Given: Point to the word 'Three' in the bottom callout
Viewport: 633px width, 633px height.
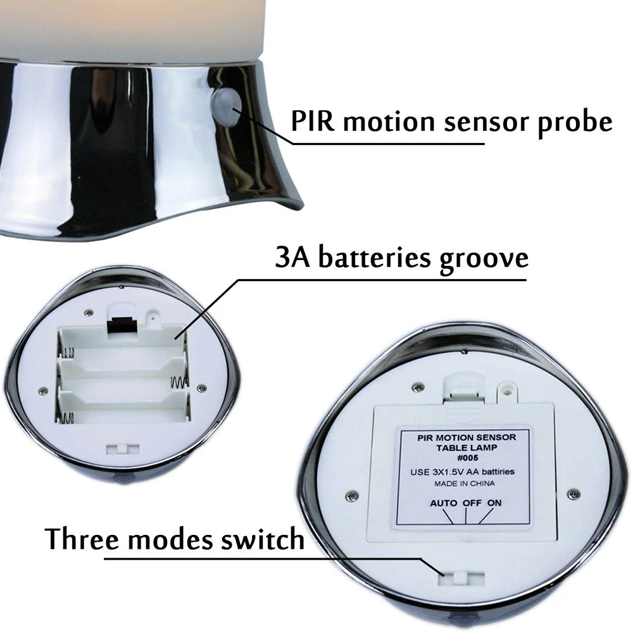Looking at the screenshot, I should pyautogui.click(x=85, y=540).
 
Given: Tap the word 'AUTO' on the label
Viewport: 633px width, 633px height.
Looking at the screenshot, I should pyautogui.click(x=444, y=503).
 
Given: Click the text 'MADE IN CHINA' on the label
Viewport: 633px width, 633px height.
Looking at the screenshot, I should pyautogui.click(x=465, y=484).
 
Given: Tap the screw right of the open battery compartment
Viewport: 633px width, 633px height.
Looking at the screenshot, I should pyautogui.click(x=201, y=387).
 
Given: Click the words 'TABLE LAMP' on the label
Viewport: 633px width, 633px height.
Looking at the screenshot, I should pyautogui.click(x=466, y=446).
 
